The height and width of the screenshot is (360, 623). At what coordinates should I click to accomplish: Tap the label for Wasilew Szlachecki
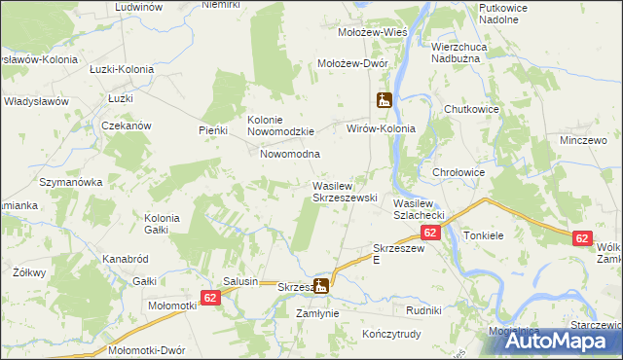419,208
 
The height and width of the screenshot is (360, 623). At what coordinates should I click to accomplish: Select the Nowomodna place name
290,154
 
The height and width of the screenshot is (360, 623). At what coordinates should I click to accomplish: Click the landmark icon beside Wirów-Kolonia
385,100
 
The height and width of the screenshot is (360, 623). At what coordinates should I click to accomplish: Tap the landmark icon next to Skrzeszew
321,285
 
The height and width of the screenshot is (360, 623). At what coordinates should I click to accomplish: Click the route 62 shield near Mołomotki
211,297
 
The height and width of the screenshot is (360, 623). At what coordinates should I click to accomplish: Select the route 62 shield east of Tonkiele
582,238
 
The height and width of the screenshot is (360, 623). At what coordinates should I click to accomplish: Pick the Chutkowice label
471,109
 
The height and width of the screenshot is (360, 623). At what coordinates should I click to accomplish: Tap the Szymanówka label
70,182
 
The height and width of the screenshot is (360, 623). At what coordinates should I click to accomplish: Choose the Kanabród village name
125,260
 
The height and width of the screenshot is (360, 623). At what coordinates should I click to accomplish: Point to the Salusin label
239,281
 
